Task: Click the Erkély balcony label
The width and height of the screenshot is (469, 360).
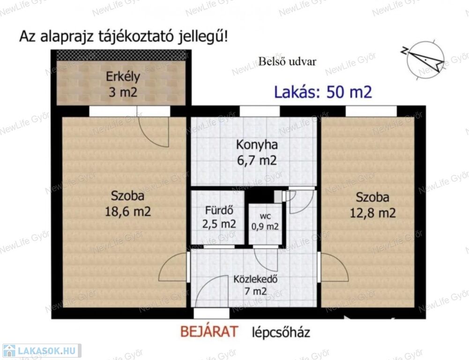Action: click(123, 77)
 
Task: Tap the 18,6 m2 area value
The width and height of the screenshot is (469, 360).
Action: click(128, 211)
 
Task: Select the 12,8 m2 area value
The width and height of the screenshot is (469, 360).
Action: click(372, 213)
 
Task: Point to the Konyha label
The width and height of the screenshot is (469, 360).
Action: click(257, 145)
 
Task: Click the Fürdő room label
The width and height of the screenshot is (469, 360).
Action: click(219, 210)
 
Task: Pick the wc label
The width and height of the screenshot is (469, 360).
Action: click(265, 216)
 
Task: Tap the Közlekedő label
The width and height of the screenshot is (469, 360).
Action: click(255, 279)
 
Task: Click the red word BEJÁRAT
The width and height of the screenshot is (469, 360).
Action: click(209, 331)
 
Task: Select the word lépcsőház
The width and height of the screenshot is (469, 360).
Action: click(281, 332)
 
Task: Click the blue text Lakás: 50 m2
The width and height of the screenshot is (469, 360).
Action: click(323, 92)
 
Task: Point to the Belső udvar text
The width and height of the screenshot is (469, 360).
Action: click(287, 62)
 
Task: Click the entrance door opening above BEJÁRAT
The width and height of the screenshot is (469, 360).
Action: click(211, 313)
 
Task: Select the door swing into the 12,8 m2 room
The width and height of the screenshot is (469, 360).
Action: click(333, 267)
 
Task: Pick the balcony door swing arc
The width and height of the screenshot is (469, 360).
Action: click(153, 131)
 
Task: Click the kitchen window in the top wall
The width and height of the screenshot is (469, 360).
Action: click(260, 111)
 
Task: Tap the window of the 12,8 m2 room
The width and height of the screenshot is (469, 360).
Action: click(371, 111)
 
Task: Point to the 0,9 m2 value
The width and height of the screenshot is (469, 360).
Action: click(265, 226)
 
